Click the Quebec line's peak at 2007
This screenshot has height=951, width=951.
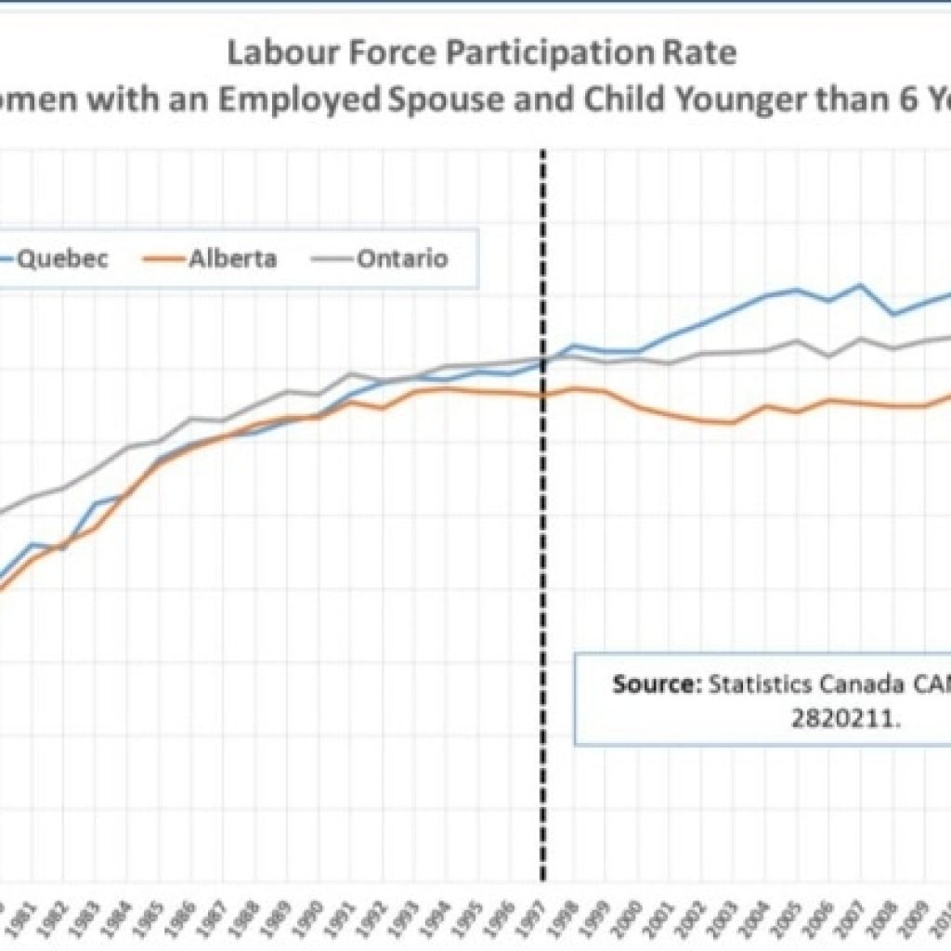860,285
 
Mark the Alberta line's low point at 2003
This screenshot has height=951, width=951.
734,423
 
